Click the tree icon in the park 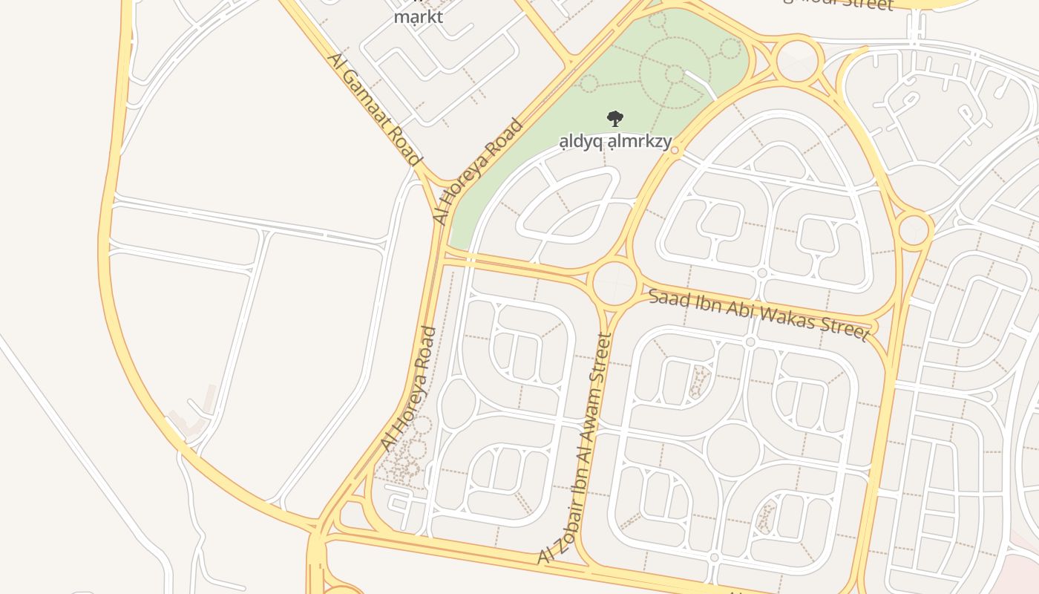tap(614, 118)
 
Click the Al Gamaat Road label tap(373, 108)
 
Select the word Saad tap(665, 298)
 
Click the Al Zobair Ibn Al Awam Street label tap(576, 448)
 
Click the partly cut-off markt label tap(419, 16)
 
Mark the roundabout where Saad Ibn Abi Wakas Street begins tap(615, 283)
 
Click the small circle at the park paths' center tap(674, 74)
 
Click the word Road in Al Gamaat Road tap(404, 144)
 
